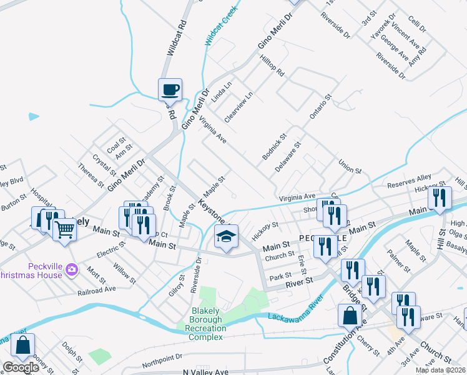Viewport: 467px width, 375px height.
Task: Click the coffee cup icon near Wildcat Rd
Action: coord(170,90)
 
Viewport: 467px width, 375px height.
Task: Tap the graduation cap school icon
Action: coord(227,237)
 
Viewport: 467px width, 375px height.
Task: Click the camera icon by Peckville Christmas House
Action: coord(72,269)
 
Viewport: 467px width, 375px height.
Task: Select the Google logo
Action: coord(21,367)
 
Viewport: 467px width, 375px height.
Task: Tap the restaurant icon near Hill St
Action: coord(440,198)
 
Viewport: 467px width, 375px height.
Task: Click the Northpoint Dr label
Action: coord(161,361)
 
